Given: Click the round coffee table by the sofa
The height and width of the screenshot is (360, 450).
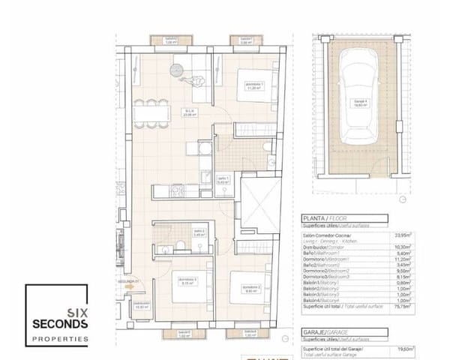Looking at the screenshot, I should click(176, 71).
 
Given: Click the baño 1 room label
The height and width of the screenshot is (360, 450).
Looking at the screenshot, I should click(202, 178).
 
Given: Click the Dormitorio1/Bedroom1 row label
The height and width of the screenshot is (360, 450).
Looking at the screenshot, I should click(337, 256).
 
